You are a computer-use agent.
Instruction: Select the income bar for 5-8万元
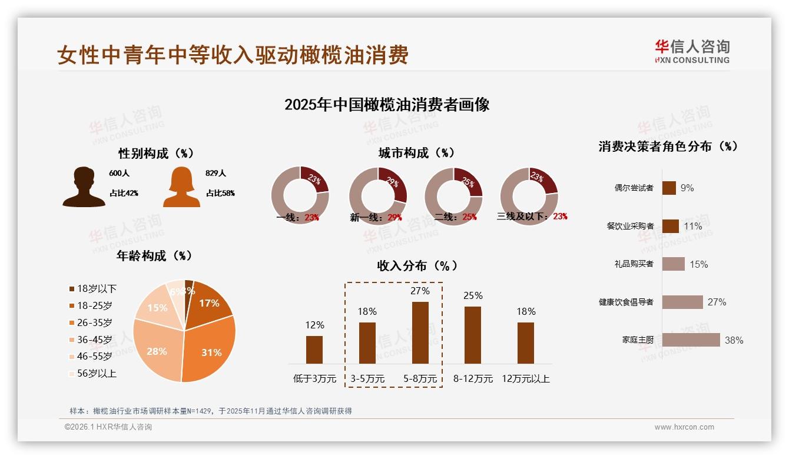tap(420, 332)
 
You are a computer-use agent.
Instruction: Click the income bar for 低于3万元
tap(314, 350)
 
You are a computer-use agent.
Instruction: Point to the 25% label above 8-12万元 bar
tap(473, 295)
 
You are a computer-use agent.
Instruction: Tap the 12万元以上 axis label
tap(525, 379)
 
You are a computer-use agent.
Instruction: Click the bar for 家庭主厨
tap(691, 340)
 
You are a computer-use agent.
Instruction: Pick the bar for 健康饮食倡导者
tap(682, 302)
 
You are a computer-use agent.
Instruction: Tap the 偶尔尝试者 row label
tap(634, 188)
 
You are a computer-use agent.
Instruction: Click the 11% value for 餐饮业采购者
tap(693, 226)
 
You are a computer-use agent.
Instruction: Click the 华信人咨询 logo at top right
tap(692, 51)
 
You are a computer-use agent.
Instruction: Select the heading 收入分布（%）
tap(417, 265)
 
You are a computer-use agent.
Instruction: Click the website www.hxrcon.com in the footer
tap(684, 427)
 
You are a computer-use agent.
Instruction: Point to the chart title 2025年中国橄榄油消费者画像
tap(387, 105)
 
